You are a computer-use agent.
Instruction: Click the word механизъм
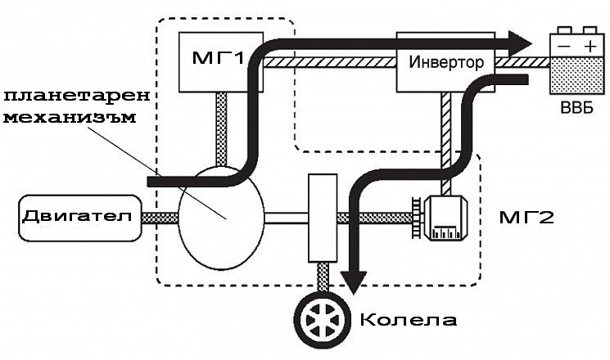tap(70, 116)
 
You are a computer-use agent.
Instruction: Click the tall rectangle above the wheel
tap(323, 217)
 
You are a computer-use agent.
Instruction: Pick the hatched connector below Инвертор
tap(446, 123)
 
